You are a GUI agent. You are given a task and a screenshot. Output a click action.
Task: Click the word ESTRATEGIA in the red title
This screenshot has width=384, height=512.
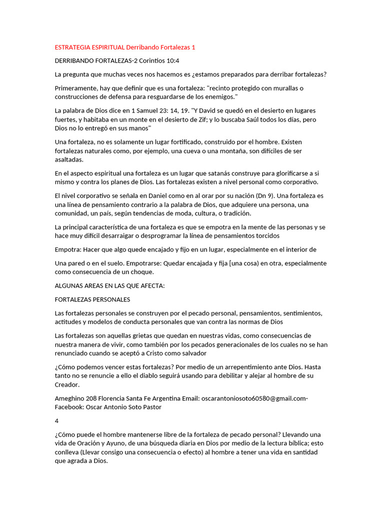(x=71, y=47)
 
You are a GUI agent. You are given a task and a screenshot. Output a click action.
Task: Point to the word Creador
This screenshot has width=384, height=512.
(x=67, y=384)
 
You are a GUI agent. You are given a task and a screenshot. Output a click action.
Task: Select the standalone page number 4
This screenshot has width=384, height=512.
(x=56, y=420)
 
